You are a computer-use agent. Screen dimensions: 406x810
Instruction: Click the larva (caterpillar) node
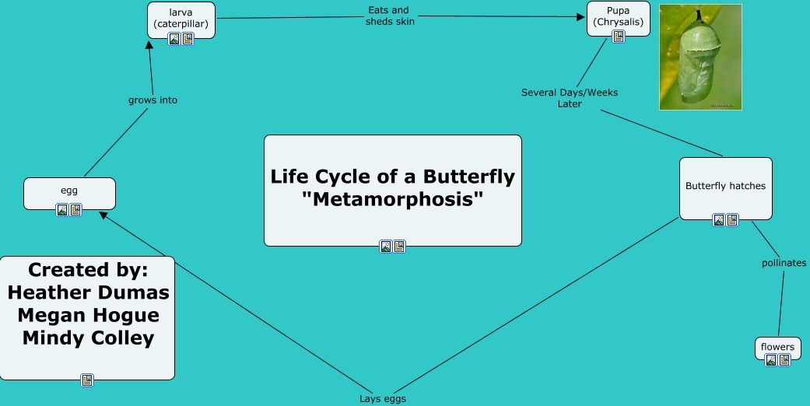(x=181, y=17)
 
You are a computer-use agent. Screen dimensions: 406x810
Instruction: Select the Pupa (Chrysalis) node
(x=618, y=16)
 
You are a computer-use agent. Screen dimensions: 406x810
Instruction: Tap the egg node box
(x=69, y=191)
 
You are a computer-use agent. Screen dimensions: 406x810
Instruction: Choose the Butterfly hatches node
(x=725, y=186)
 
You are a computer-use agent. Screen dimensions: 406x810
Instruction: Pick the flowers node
(x=777, y=346)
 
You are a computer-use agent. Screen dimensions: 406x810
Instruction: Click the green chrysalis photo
(x=700, y=57)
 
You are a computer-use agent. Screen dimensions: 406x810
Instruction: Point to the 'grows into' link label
(x=153, y=100)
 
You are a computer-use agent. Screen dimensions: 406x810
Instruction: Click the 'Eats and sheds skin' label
(x=390, y=16)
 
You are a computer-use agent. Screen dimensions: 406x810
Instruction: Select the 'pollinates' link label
(x=784, y=263)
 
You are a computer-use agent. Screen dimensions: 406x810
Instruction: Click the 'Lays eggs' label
(x=383, y=399)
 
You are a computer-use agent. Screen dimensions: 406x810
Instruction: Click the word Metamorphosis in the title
(x=392, y=198)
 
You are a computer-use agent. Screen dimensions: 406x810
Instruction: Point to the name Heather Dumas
(x=88, y=292)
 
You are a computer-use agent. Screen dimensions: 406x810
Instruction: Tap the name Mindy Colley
(x=88, y=338)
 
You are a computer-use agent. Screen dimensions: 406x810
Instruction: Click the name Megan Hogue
(x=88, y=315)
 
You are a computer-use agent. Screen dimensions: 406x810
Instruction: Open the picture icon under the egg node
(x=62, y=210)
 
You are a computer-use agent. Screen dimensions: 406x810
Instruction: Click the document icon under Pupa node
(x=619, y=37)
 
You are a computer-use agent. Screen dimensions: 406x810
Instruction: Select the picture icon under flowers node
(x=771, y=360)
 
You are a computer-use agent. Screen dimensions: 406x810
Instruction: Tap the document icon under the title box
(x=399, y=247)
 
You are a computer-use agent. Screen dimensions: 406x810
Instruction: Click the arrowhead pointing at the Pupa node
(x=580, y=16)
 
